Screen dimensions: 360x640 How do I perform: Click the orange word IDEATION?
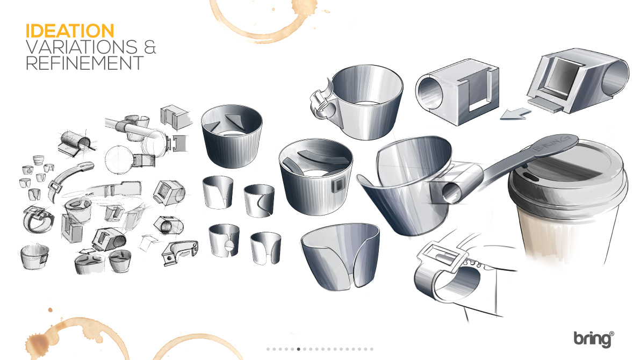pyautogui.click(x=69, y=30)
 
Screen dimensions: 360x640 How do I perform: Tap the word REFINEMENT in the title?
pyautogui.click(x=84, y=63)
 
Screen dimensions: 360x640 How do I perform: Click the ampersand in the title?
pyautogui.click(x=150, y=47)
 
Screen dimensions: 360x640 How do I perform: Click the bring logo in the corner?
pyautogui.click(x=593, y=339)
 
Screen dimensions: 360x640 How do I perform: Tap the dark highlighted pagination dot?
pyautogui.click(x=299, y=349)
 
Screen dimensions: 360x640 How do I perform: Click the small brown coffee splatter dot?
pyautogui.click(x=51, y=310)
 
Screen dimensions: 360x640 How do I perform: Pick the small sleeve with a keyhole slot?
pyautogui.click(x=224, y=241)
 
